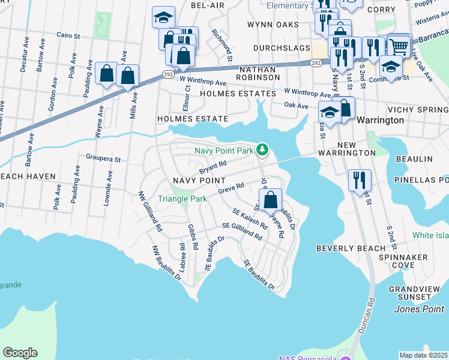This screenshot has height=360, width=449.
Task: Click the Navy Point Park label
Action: (223, 151)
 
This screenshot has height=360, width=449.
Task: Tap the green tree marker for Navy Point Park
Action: (262, 149)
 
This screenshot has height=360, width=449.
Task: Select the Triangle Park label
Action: (182, 199)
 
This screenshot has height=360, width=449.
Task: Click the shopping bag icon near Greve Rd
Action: (271, 199)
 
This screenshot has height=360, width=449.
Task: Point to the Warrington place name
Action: (380, 120)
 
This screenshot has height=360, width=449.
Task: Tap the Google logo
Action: (20, 353)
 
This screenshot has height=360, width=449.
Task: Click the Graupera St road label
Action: (103, 160)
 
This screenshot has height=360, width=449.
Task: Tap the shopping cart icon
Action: (399, 46)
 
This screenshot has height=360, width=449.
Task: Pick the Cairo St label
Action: (68, 36)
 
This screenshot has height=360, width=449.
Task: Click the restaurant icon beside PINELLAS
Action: (360, 179)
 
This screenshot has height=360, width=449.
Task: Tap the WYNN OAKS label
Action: (273, 25)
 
